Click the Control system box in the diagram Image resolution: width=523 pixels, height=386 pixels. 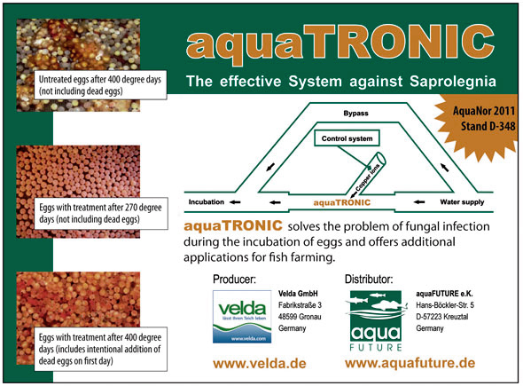point(347,138)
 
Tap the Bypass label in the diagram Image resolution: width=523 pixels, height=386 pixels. point(355,114)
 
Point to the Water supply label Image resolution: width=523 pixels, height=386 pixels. point(462,201)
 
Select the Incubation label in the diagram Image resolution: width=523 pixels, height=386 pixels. point(207,201)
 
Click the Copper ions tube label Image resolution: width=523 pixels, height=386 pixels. point(368,177)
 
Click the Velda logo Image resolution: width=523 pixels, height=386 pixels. point(242,317)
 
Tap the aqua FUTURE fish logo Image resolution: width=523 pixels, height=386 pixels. point(376,320)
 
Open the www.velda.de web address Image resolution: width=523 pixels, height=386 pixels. point(260,363)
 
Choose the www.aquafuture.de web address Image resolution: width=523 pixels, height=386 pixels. point(410,363)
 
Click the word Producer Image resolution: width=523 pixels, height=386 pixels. point(235,280)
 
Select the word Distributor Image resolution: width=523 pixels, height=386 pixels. point(369,279)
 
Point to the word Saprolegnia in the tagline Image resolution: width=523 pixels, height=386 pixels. point(453,81)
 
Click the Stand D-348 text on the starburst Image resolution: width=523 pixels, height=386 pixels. point(488,126)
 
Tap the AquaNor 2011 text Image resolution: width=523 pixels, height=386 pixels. point(484,111)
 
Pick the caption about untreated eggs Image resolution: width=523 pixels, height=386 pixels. point(100,85)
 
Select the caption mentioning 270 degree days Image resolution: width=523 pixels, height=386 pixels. point(100,213)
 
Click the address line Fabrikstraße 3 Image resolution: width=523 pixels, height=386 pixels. point(300,305)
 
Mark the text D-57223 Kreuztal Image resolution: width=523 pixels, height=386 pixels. point(442,316)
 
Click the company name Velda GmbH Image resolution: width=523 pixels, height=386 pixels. point(298,294)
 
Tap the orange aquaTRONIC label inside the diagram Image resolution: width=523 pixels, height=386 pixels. point(342,202)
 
